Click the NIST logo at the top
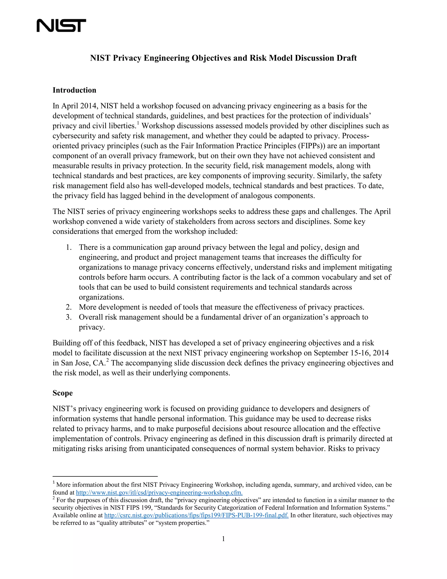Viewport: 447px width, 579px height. [x=61, y=25]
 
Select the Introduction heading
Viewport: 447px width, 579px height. [x=74, y=90]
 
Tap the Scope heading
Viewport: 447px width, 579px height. [x=62, y=393]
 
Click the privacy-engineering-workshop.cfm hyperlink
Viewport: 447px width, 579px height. [x=159, y=492]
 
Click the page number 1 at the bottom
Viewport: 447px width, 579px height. [x=223, y=539]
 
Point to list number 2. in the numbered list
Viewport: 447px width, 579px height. [x=69, y=307]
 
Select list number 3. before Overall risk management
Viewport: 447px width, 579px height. [x=69, y=317]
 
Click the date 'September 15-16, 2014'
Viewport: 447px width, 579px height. [x=351, y=353]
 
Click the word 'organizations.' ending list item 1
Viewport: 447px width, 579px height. [x=101, y=297]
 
